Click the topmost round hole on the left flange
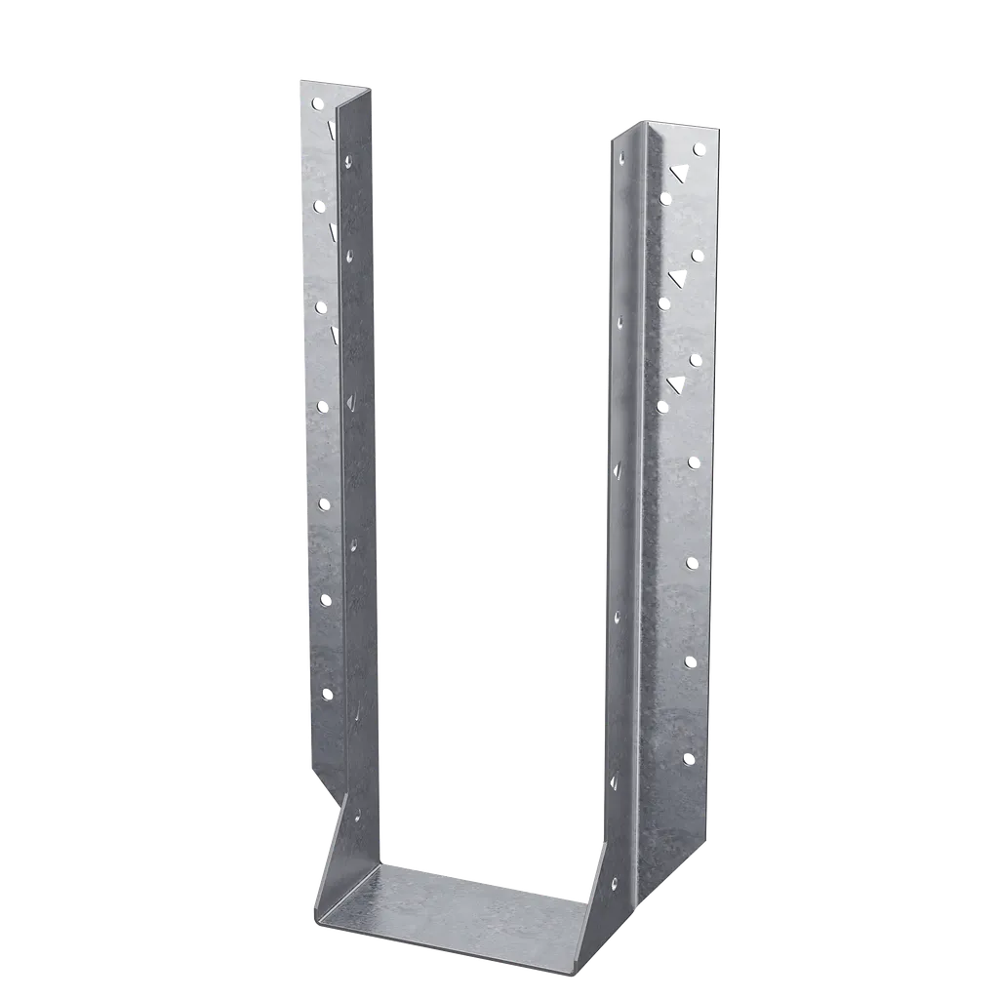(316, 102)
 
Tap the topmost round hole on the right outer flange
(699, 149)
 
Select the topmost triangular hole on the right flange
(677, 173)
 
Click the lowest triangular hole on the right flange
(674, 382)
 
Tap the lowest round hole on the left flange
(329, 694)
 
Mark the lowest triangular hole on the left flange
(336, 334)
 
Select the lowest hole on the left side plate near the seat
(357, 816)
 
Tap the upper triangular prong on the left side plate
(348, 400)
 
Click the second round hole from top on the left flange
(317, 205)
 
